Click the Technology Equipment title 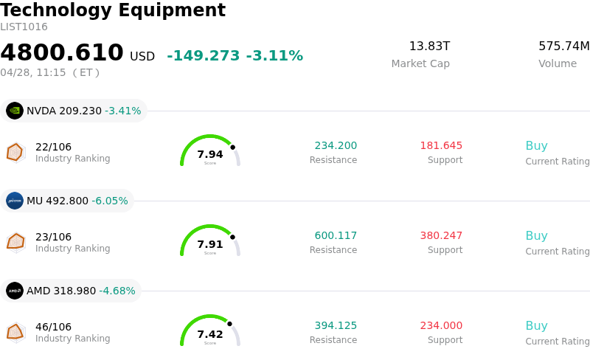tap(113, 10)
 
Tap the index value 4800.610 tap(62, 53)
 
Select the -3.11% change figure tap(274, 56)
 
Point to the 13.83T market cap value tap(429, 46)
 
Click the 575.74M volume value tap(563, 46)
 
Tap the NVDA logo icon tap(15, 111)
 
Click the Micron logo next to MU tap(15, 201)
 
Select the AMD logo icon tap(15, 291)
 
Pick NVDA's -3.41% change tap(122, 111)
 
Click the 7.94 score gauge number tap(210, 154)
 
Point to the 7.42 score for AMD tap(210, 334)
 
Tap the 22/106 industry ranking tap(53, 147)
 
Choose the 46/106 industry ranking tap(53, 327)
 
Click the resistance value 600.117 tap(336, 236)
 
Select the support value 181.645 tap(441, 146)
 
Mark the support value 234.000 tap(441, 326)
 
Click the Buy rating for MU tap(536, 236)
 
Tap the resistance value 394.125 tap(336, 326)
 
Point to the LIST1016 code tap(24, 27)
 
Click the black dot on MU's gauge tap(232, 237)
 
